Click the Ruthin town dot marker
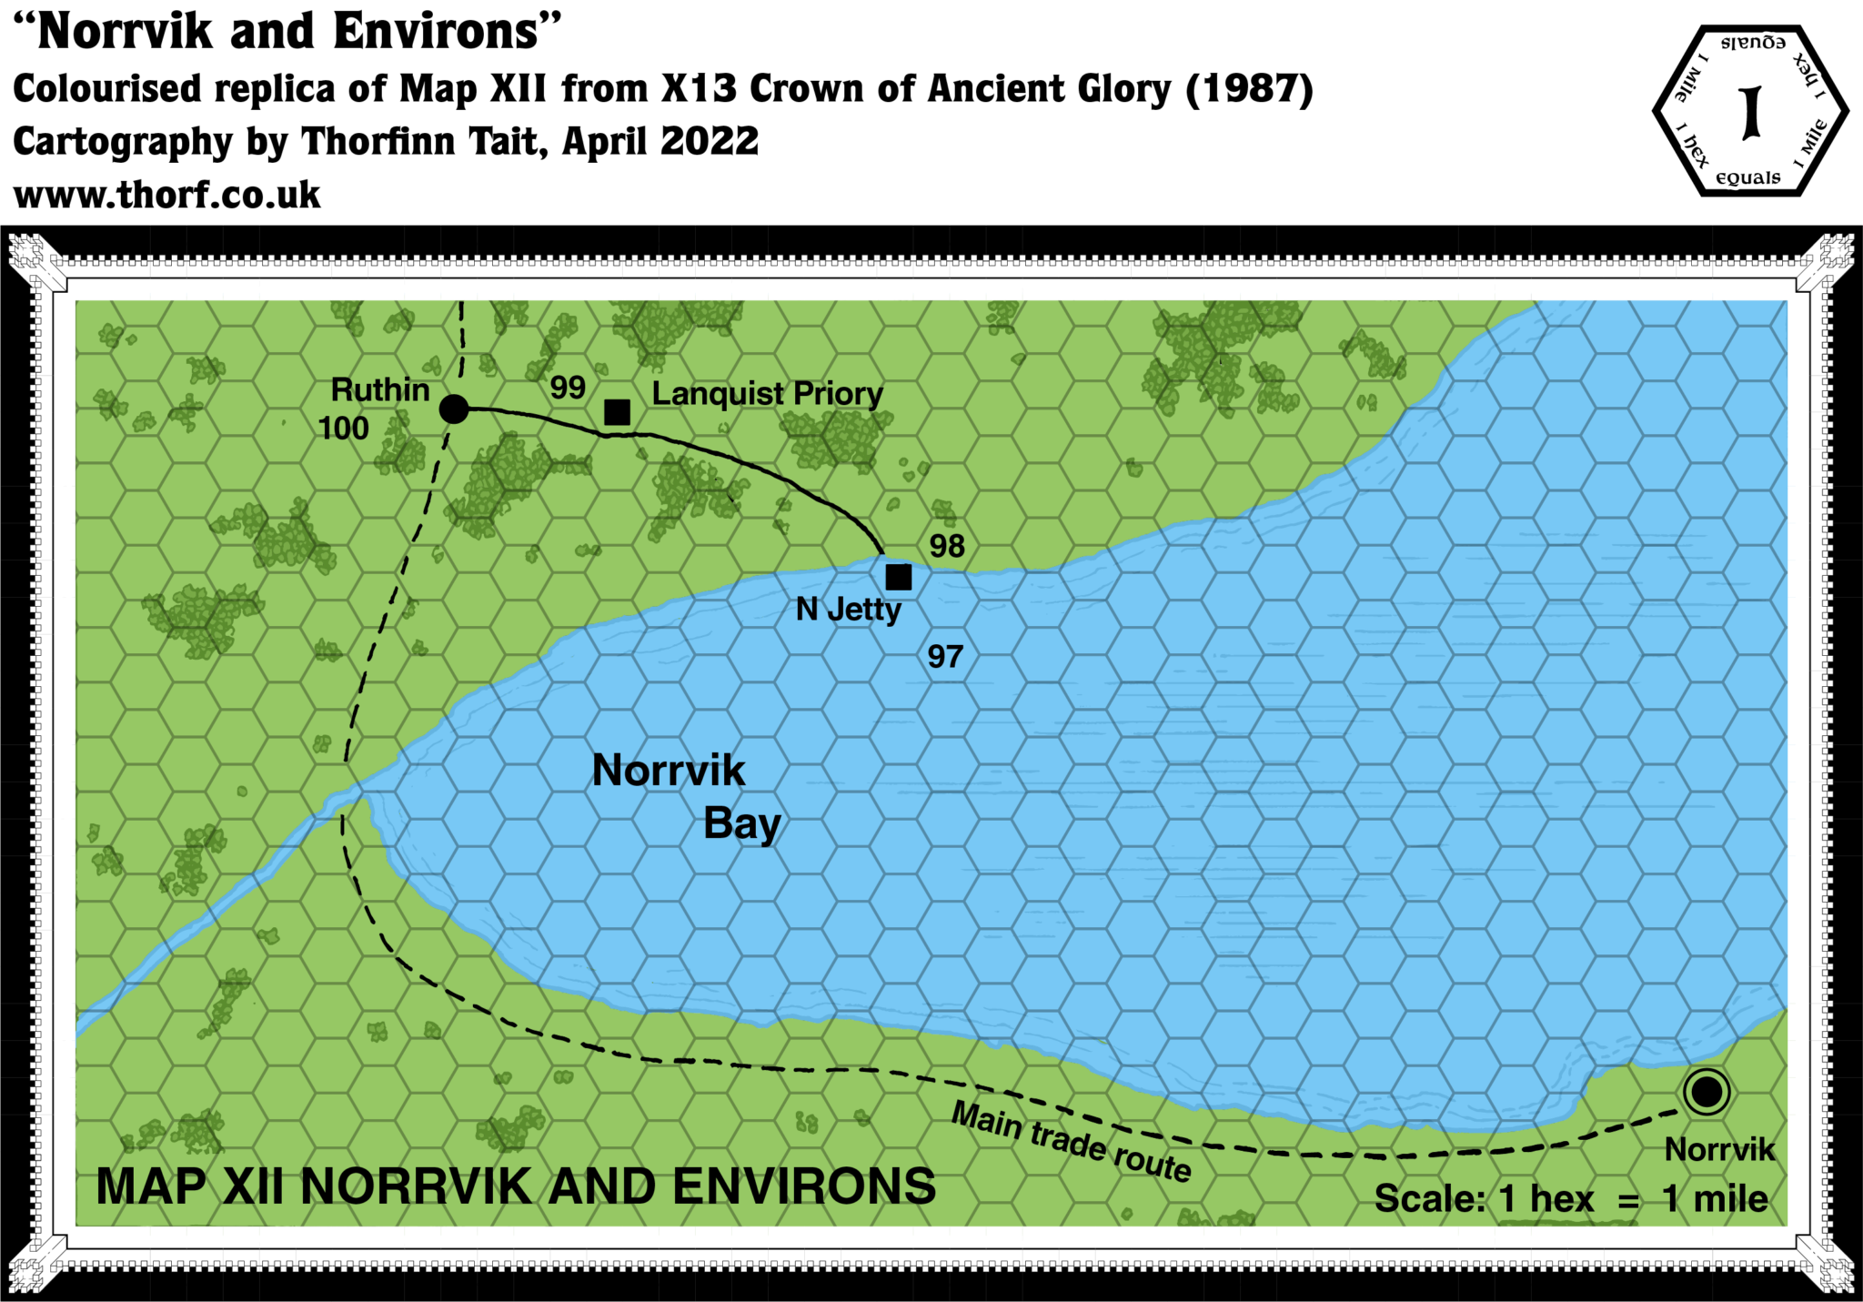pos(454,409)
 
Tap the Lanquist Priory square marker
pos(617,412)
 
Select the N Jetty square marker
pos(898,577)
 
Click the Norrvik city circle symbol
pos(1706,1091)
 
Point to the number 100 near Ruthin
pos(344,429)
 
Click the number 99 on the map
pos(568,388)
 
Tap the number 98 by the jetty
pos(947,546)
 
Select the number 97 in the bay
pos(945,656)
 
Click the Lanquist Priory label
pos(767,394)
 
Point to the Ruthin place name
pos(380,389)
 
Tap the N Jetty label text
pos(848,610)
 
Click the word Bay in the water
pos(742,824)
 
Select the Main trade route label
pos(1071,1140)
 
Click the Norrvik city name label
pos(1719,1149)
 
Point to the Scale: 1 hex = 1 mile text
pos(1571,1198)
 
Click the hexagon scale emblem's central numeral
pos(1749,113)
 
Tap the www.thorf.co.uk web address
pos(168,195)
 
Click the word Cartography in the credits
pos(122,142)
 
